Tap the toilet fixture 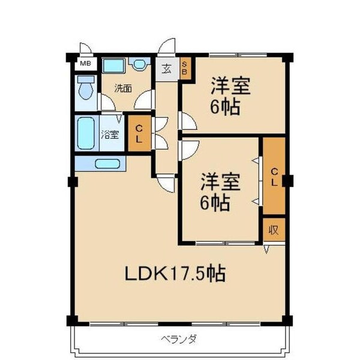[86, 88]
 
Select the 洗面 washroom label [124, 88]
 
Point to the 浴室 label [109, 135]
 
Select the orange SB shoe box [185, 67]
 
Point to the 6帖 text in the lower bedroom [215, 203]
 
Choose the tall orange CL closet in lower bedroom [274, 176]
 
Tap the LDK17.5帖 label [175, 274]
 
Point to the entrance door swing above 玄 [167, 47]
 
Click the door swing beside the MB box [86, 48]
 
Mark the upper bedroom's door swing [187, 122]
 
